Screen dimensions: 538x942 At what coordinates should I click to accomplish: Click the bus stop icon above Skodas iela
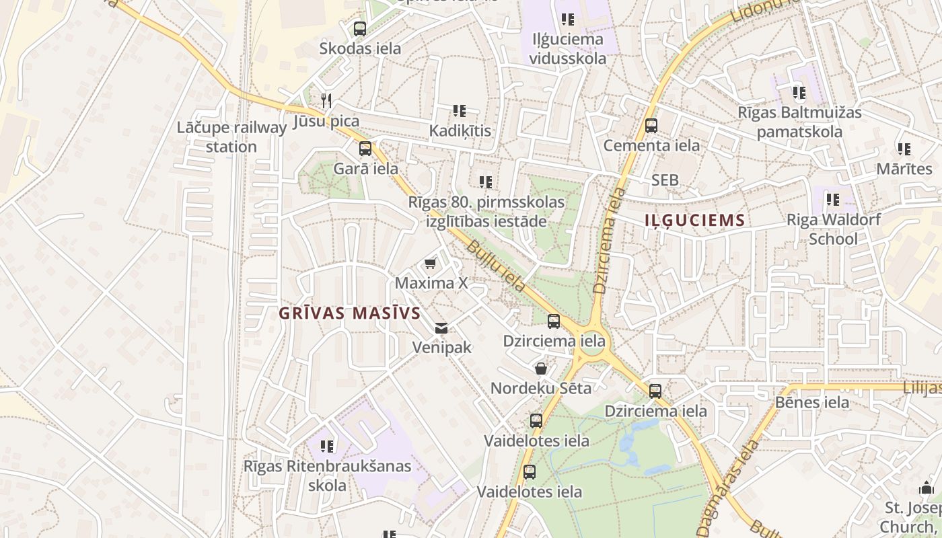click(x=360, y=29)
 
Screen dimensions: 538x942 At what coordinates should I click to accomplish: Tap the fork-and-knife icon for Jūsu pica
click(x=326, y=101)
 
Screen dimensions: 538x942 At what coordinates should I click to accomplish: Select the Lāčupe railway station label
click(x=231, y=137)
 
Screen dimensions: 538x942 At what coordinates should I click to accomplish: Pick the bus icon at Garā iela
click(x=365, y=149)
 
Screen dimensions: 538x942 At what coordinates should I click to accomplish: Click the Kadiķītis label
click(x=461, y=130)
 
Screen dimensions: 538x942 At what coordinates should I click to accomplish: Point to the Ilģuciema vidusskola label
click(x=567, y=48)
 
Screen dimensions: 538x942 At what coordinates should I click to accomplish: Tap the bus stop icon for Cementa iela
click(x=651, y=126)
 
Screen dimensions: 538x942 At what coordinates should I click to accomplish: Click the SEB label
click(x=665, y=180)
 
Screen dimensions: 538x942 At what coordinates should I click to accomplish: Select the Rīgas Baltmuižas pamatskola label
click(x=799, y=122)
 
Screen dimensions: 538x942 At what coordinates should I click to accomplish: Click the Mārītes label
click(x=904, y=169)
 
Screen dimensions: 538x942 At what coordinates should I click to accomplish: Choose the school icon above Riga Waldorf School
click(x=833, y=200)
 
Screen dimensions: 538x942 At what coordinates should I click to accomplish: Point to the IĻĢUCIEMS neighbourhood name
click(x=695, y=221)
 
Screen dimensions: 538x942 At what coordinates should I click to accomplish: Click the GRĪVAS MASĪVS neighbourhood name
click(x=350, y=313)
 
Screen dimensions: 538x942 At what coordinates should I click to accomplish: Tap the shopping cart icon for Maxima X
click(x=430, y=263)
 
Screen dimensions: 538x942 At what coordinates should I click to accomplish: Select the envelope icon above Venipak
click(x=441, y=328)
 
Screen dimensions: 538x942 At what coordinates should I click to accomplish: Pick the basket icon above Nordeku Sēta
click(x=541, y=369)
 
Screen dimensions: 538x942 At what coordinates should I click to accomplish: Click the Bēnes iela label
click(x=812, y=403)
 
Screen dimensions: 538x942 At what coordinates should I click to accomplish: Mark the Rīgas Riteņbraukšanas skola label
click(x=327, y=475)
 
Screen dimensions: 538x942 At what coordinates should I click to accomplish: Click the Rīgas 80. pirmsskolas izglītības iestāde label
click(x=486, y=211)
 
